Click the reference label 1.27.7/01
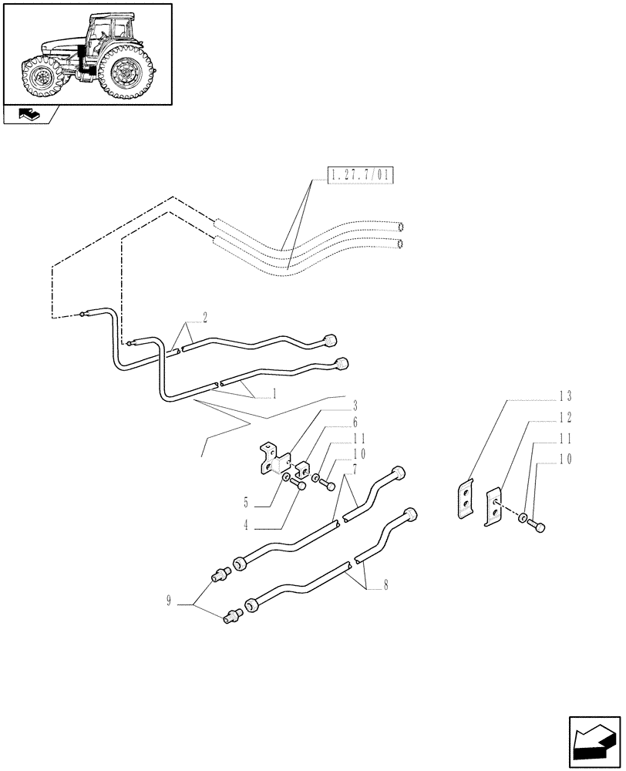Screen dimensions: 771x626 pyautogui.click(x=360, y=177)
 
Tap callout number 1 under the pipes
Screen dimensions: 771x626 pyautogui.click(x=274, y=393)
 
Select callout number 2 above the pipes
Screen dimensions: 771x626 pyautogui.click(x=206, y=317)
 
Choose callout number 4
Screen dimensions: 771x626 pyautogui.click(x=246, y=527)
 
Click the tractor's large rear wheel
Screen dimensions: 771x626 pyautogui.click(x=123, y=70)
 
